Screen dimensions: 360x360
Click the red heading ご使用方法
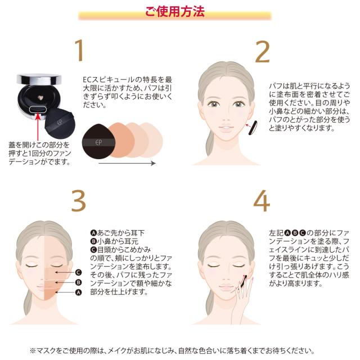point(175,11)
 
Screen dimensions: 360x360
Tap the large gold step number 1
point(79,50)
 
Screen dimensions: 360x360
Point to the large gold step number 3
point(79,201)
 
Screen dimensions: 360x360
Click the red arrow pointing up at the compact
point(38,127)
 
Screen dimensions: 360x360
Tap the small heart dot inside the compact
point(40,98)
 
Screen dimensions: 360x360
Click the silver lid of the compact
point(39,79)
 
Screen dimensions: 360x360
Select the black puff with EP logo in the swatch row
point(99,141)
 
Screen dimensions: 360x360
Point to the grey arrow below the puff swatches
point(127,163)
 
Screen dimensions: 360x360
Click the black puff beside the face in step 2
point(253,128)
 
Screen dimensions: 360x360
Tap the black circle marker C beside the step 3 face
point(79,272)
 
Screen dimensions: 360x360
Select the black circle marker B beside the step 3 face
point(79,282)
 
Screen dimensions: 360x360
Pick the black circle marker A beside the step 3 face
point(79,292)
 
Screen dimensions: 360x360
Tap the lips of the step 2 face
point(226,128)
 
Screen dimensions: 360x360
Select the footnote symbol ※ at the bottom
point(33,351)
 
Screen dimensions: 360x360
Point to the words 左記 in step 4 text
point(276,233)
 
